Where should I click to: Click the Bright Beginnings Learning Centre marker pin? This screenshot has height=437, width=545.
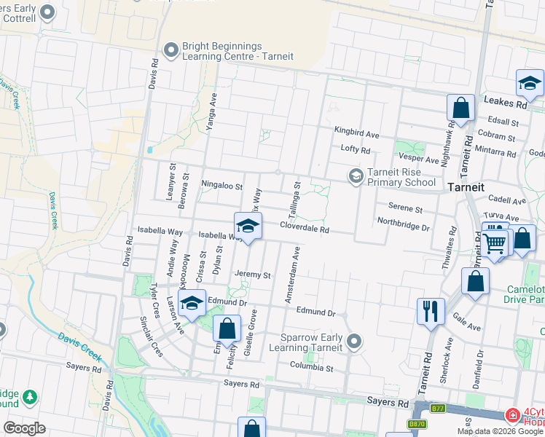pyautogui.click(x=171, y=50)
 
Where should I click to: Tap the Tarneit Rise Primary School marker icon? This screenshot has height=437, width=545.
pyautogui.click(x=356, y=176)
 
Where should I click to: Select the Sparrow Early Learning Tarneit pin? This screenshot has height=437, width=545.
pyautogui.click(x=355, y=341)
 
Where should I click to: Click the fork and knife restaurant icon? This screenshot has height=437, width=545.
pyautogui.click(x=431, y=311)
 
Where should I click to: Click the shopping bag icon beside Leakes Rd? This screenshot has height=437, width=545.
pyautogui.click(x=460, y=109)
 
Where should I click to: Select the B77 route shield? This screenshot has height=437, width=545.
pyautogui.click(x=437, y=409)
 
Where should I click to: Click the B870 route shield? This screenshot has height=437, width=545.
pyautogui.click(x=416, y=423)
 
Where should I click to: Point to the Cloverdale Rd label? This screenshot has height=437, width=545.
pyautogui.click(x=305, y=229)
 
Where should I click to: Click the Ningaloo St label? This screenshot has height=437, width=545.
pyautogui.click(x=221, y=186)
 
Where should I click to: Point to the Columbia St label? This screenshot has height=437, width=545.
pyautogui.click(x=311, y=368)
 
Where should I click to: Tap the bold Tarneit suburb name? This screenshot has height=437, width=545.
pyautogui.click(x=466, y=187)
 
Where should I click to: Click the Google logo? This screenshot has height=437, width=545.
pyautogui.click(x=24, y=428)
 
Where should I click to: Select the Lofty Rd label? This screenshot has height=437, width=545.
pyautogui.click(x=356, y=150)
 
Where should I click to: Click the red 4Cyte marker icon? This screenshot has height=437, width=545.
pyautogui.click(x=513, y=415)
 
